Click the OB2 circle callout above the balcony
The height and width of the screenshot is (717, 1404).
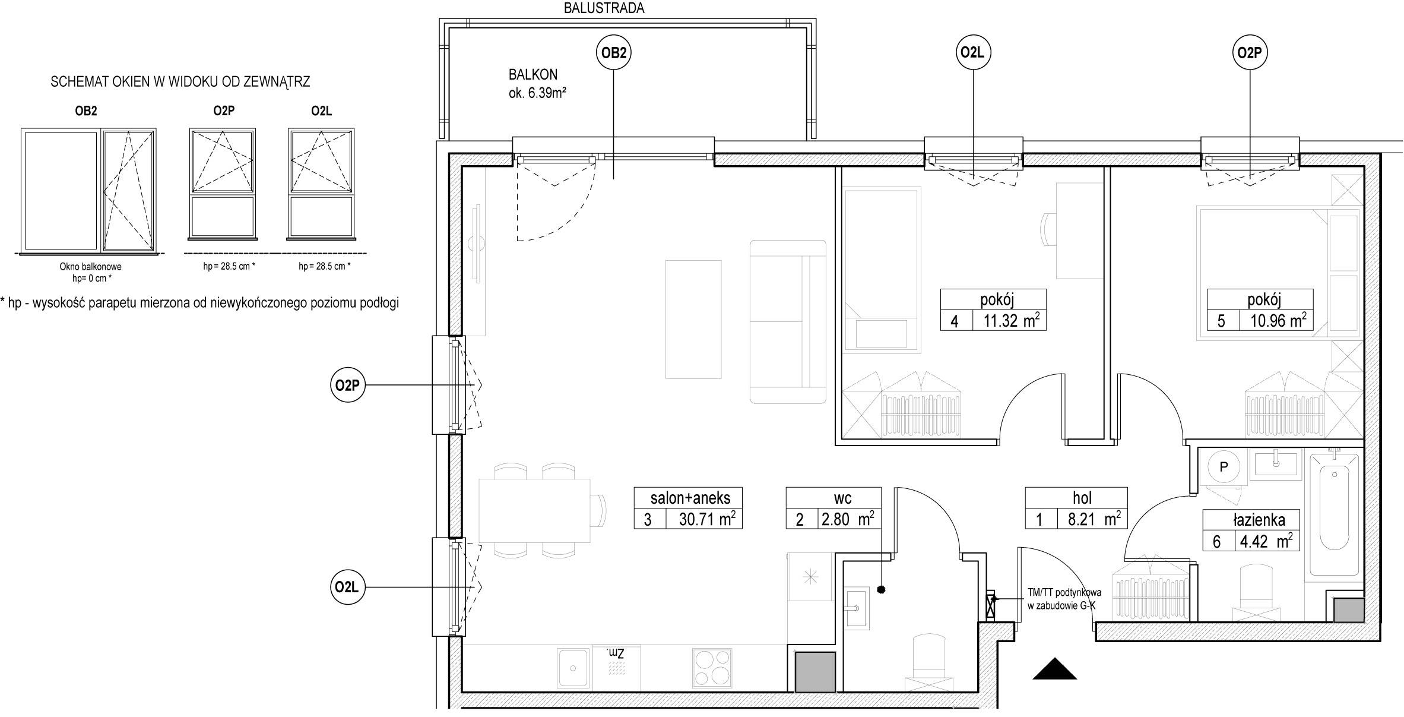(613, 53)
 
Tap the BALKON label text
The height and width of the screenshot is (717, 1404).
(533, 75)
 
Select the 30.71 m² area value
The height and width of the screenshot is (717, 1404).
(707, 519)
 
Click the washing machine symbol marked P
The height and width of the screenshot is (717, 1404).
(1224, 467)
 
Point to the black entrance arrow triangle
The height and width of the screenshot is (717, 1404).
(1054, 668)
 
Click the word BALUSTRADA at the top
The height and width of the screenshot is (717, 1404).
(604, 8)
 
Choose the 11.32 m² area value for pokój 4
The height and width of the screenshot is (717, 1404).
(1009, 321)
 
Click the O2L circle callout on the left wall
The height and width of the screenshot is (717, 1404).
(347, 588)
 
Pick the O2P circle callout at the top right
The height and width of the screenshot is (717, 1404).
(1249, 53)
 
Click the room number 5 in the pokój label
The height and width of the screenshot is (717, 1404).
(1221, 321)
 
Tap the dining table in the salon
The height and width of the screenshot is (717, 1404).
(535, 510)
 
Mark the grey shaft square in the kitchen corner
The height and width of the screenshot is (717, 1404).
(815, 671)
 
